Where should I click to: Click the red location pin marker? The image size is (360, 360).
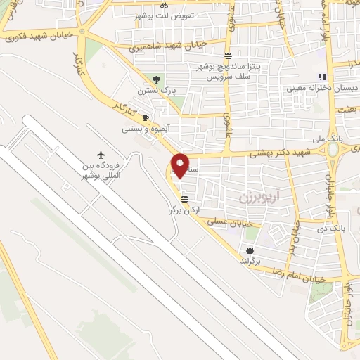[181, 165]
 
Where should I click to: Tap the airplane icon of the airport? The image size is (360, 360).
[101, 154]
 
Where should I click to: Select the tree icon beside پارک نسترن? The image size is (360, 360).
[157, 79]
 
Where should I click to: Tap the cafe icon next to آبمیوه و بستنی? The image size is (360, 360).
[146, 117]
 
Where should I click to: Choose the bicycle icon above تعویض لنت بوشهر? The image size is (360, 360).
[164, 4]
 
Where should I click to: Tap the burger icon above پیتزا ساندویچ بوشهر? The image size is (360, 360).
[228, 56]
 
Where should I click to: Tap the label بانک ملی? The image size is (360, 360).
[347, 140]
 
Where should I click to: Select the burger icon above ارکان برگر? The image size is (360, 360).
[184, 198]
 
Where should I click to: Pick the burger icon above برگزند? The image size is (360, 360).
[250, 250]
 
